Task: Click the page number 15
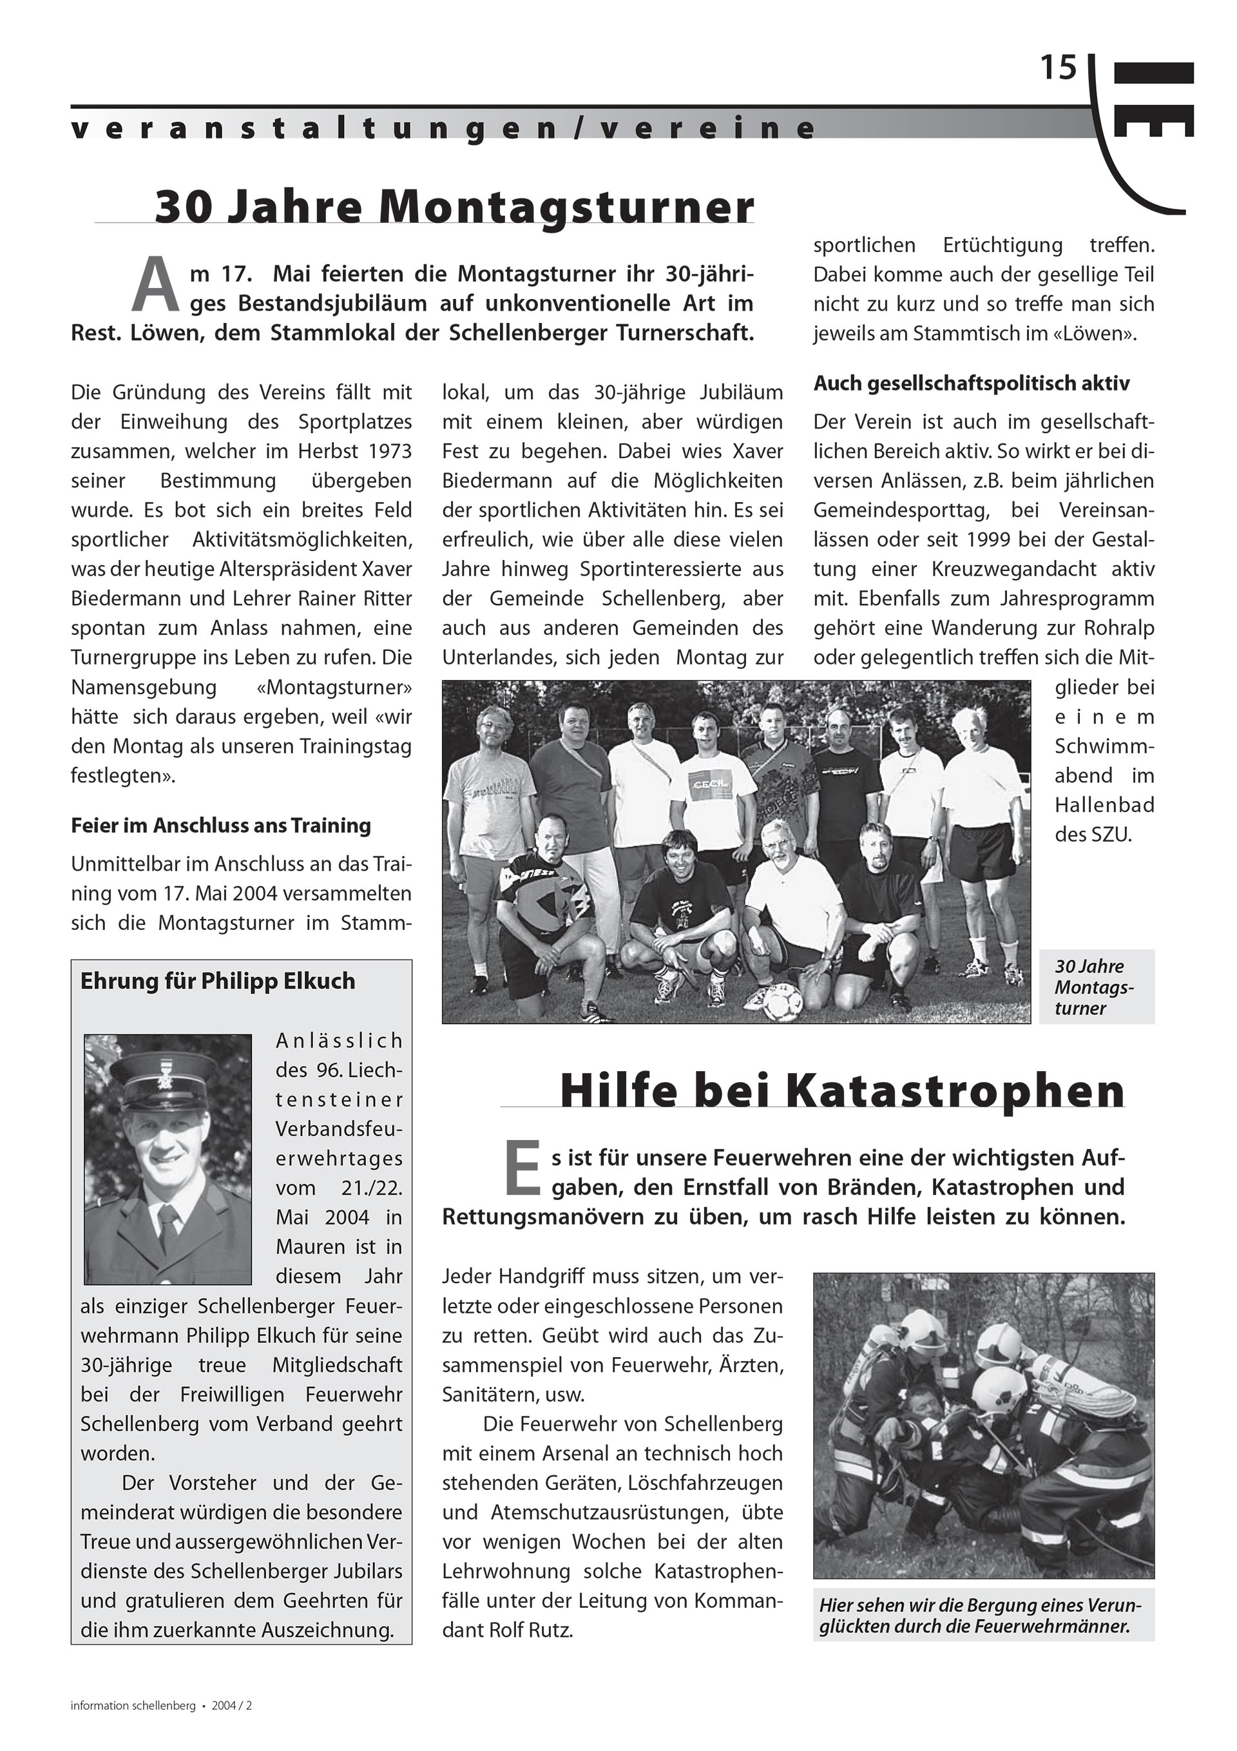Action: (1059, 69)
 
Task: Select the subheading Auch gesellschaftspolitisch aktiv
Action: (971, 383)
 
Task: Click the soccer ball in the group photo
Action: (783, 1002)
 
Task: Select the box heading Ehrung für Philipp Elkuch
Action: (217, 981)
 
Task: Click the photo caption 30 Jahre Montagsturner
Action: (1095, 987)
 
